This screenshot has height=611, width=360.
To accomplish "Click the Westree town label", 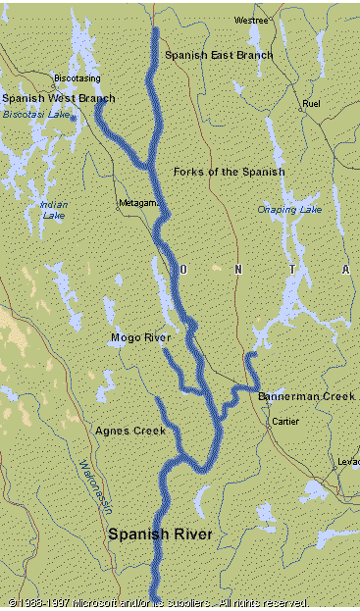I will [x=250, y=20].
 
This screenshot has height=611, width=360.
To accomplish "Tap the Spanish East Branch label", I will [x=218, y=56].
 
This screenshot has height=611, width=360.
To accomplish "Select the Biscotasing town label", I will [x=77, y=76].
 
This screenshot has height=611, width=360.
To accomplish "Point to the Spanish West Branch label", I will [x=58, y=98].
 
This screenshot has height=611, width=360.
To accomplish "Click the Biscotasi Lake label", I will [x=37, y=114].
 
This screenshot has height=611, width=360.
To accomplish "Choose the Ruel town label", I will [x=312, y=103].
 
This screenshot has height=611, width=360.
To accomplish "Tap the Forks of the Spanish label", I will [x=229, y=172].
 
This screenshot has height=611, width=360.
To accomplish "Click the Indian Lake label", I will [x=54, y=210].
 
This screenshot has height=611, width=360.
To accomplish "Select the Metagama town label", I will [x=137, y=203].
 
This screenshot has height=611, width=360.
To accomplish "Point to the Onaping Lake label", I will [x=288, y=209].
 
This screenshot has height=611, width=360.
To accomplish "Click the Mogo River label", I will [x=140, y=337].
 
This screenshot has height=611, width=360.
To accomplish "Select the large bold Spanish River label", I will [x=160, y=534].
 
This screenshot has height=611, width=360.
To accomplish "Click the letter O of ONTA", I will [x=181, y=269].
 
